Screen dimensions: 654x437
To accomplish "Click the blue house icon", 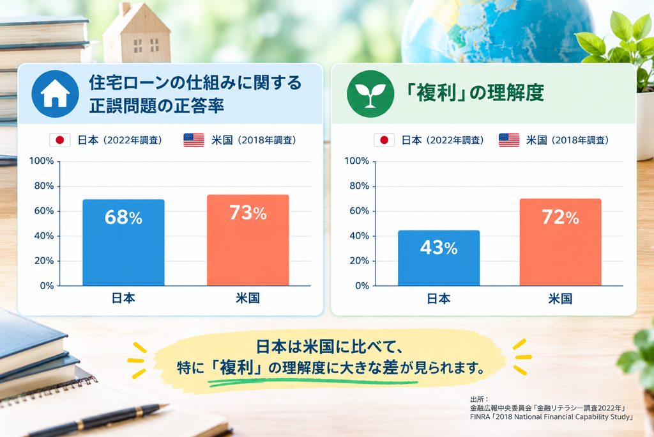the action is tap(55, 93).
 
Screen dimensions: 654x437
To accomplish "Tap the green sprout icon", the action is tap(370, 93).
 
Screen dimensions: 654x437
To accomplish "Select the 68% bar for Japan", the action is tap(123, 242).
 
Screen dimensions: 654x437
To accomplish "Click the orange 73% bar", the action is tap(248, 240).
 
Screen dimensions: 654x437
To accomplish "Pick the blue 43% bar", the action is tap(439, 258).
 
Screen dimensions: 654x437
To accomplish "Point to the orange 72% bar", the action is tap(560, 242).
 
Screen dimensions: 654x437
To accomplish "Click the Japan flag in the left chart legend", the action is tap(59, 140).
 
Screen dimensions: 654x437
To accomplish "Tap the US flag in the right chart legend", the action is tap(509, 140).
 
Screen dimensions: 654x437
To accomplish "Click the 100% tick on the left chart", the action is tap(42, 161).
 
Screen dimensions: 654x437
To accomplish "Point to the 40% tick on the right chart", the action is tap(359, 235).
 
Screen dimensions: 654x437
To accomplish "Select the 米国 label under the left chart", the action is tap(248, 298).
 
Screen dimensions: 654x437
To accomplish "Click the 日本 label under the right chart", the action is tap(438, 298).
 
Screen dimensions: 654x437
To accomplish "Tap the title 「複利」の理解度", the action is tap(475, 93).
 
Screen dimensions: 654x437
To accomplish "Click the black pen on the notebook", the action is tap(98, 420).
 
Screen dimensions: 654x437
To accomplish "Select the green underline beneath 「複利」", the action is tap(312, 382).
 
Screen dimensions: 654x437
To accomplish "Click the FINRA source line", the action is tap(551, 417).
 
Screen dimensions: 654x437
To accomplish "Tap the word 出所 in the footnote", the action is tap(477, 399).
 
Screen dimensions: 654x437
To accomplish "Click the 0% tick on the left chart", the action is tap(47, 286).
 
